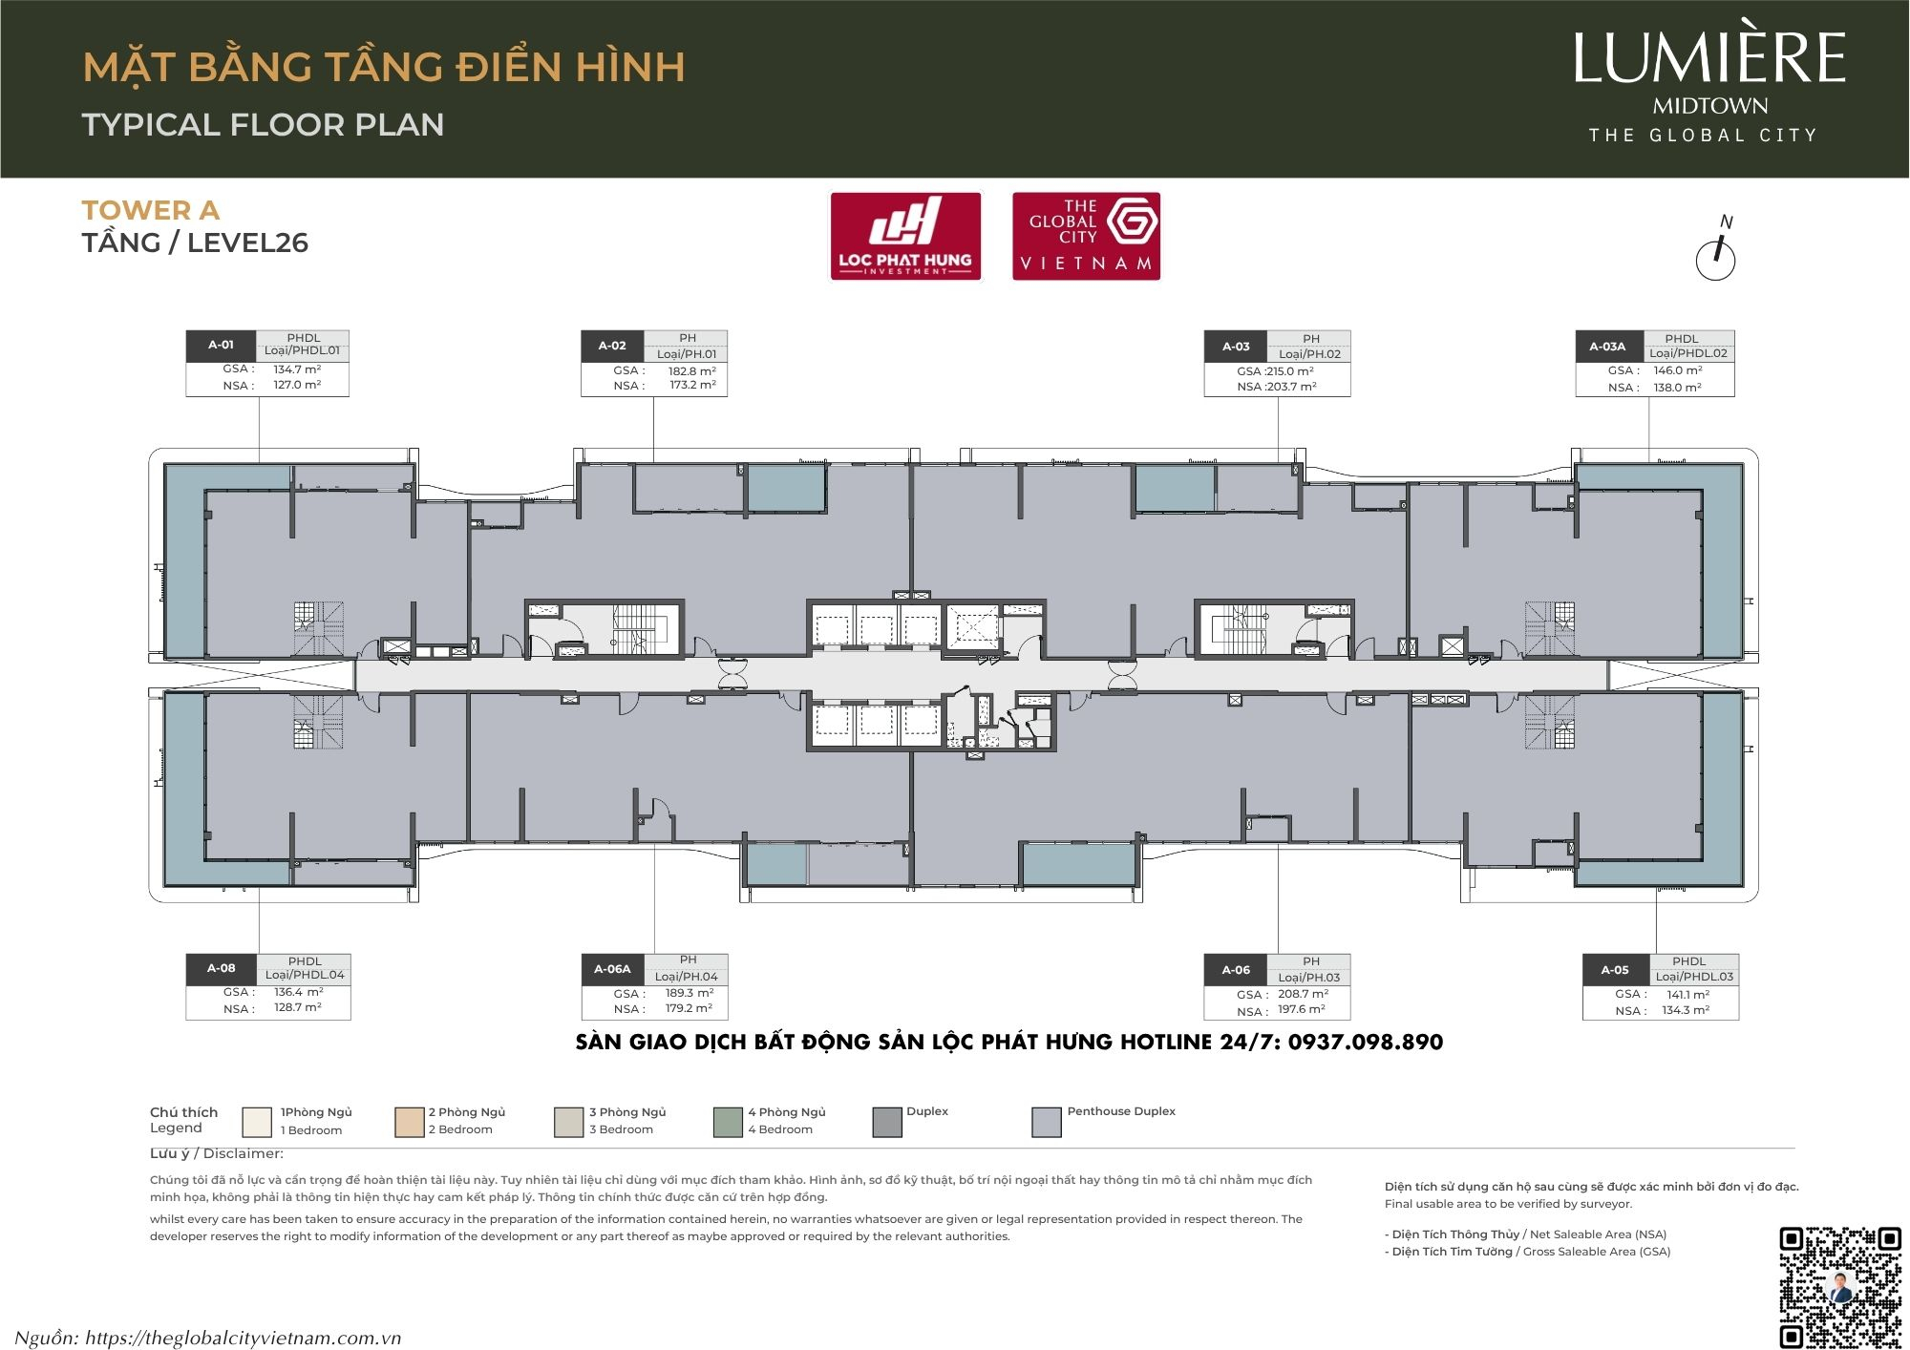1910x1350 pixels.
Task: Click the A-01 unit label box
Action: (x=221, y=345)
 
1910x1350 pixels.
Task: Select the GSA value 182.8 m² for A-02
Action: (x=691, y=370)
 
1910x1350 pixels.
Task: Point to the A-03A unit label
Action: (x=1607, y=347)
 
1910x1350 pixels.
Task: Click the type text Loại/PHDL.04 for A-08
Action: (x=305, y=975)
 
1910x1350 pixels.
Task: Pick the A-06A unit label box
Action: (x=612, y=969)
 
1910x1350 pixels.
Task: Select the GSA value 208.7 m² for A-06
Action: (x=1303, y=994)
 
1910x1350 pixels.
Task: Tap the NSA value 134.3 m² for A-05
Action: (x=1686, y=1010)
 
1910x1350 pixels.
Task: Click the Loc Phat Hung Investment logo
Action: (x=905, y=236)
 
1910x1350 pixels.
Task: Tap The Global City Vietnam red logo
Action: (x=1086, y=236)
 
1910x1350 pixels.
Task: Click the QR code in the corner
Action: (x=1839, y=1286)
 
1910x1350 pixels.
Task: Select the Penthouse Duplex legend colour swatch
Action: (x=1047, y=1122)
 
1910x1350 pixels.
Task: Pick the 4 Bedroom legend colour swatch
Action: (x=728, y=1122)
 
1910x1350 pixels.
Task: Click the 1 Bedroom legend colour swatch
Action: (x=257, y=1122)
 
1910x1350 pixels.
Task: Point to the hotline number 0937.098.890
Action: (x=1365, y=1042)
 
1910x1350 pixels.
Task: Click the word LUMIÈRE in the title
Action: (x=1708, y=58)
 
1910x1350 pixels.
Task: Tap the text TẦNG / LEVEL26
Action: (x=195, y=243)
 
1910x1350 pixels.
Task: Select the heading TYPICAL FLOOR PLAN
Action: (x=263, y=124)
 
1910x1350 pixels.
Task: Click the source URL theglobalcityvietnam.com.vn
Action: (x=243, y=1338)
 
